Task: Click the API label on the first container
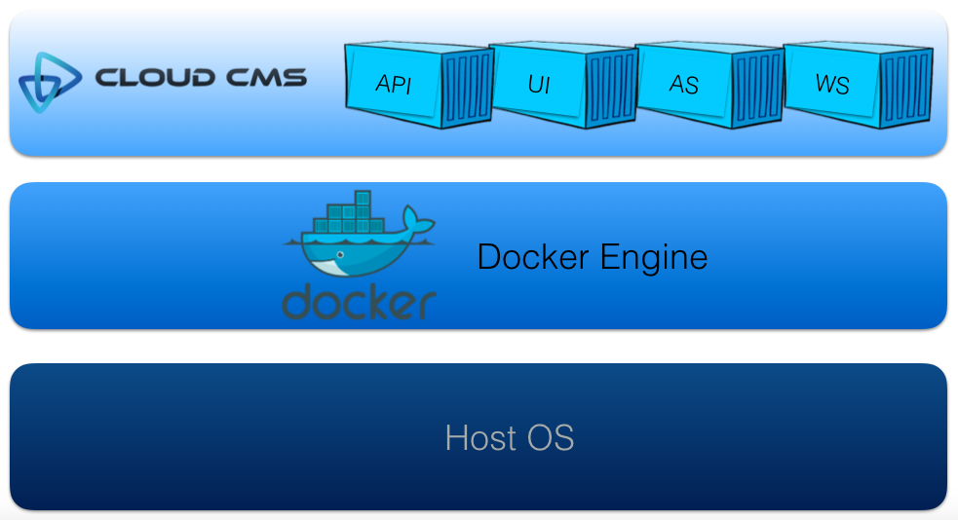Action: click(394, 84)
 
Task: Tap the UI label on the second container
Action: click(539, 84)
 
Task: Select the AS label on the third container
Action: click(684, 85)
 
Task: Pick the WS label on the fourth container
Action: click(832, 84)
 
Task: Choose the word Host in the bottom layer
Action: click(479, 437)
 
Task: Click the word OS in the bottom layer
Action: click(552, 437)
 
